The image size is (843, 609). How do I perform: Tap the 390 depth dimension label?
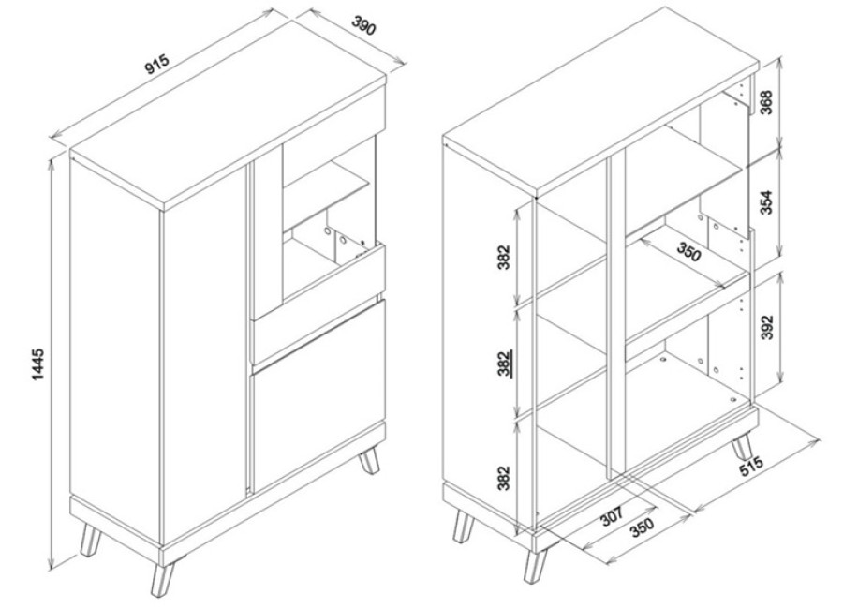click(363, 26)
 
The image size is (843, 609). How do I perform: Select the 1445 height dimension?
click(39, 364)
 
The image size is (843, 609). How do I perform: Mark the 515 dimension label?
click(750, 466)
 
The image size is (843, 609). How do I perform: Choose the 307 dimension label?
click(612, 516)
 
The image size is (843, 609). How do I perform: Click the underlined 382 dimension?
click(504, 364)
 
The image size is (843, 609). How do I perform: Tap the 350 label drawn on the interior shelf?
click(688, 252)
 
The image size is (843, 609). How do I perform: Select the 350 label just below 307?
click(642, 527)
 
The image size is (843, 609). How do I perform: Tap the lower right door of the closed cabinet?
click(318, 395)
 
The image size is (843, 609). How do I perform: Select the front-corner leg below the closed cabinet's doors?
click(163, 579)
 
